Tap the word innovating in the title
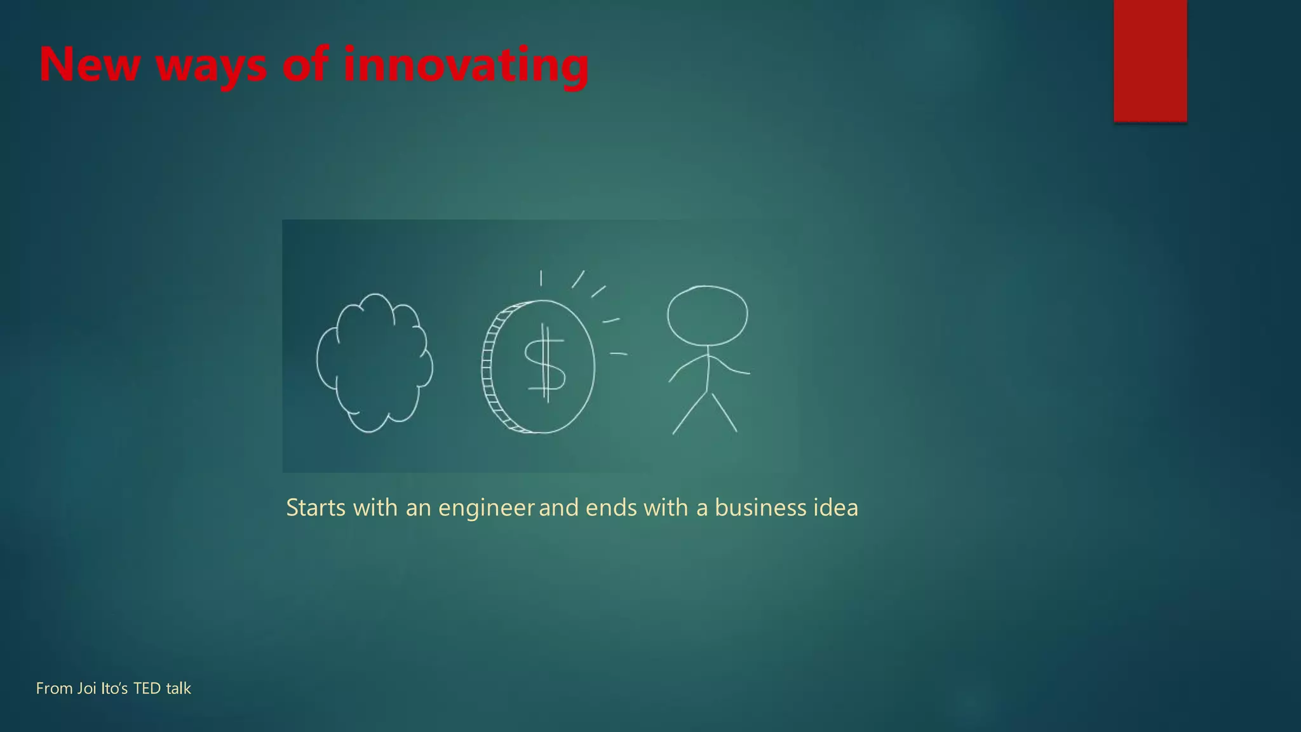[466, 65]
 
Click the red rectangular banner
[1150, 60]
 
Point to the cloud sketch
[374, 363]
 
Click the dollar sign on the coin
[544, 363]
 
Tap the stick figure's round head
[707, 316]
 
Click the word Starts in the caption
[316, 508]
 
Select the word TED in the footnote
[147, 689]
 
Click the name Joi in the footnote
[87, 689]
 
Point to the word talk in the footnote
[179, 689]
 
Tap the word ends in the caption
[610, 508]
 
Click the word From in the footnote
[54, 689]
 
